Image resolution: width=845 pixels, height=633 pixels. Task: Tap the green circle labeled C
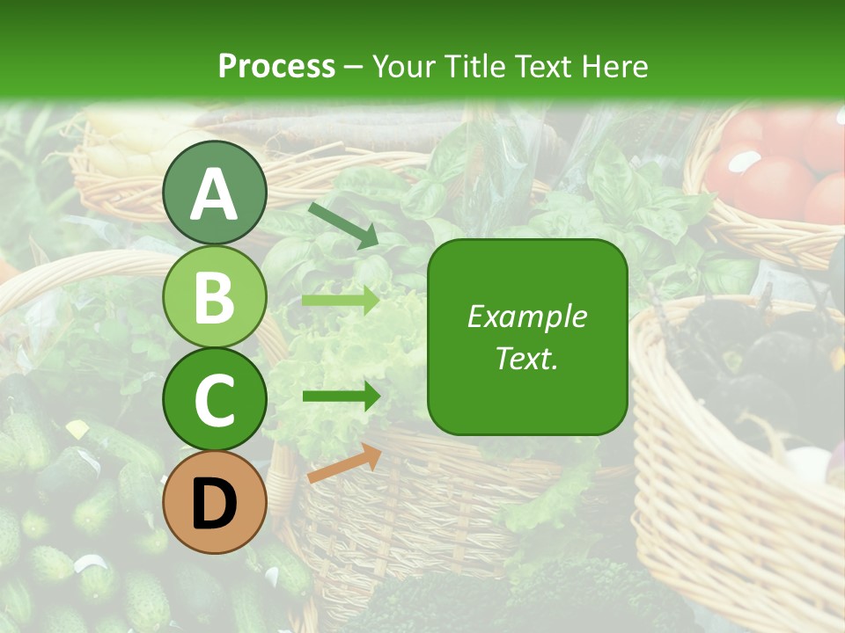coord(214,399)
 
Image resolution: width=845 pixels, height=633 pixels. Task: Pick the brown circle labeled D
coord(214,502)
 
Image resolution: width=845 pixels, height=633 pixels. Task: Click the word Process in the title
coord(276,66)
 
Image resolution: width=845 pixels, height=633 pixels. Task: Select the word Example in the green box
coord(527,316)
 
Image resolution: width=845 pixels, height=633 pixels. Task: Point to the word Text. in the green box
coord(527,358)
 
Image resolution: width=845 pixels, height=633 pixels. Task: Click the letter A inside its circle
coord(214,195)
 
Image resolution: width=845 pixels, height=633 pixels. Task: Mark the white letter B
coord(214,298)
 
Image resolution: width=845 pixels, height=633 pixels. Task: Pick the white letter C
coord(214,401)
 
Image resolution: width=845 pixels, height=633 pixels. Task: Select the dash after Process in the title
coord(354,68)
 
